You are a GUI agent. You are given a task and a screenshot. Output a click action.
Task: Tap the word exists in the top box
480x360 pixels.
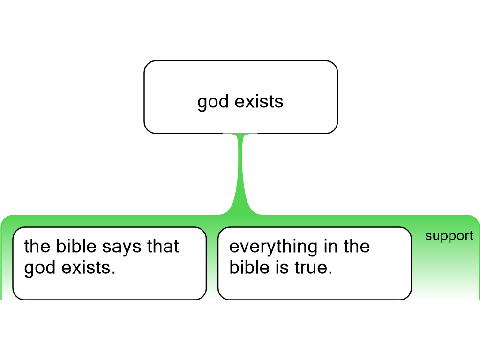[x=259, y=101]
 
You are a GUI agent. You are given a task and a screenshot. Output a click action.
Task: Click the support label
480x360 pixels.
[x=449, y=236]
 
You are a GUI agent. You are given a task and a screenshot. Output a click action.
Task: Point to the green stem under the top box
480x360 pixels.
[x=240, y=174]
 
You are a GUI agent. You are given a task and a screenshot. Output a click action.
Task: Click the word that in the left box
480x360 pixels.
[x=163, y=246]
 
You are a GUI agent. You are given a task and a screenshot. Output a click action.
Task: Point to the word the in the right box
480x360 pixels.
[x=357, y=246]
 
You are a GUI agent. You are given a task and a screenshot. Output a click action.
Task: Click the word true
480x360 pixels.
[x=311, y=268]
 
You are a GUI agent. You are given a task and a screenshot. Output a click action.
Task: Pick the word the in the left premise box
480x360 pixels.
[x=37, y=246]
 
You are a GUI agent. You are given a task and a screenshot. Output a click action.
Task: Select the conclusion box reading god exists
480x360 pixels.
[x=240, y=97]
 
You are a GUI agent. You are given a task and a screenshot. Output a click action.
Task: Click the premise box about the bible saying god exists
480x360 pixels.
[x=110, y=263]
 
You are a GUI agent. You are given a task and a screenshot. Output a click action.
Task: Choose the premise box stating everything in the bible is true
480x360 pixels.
[x=315, y=263]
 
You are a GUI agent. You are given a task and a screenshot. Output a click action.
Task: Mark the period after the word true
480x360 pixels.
[x=330, y=273]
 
